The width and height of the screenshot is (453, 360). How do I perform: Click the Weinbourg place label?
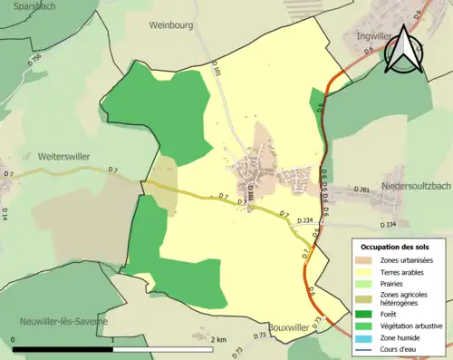pos(172,25)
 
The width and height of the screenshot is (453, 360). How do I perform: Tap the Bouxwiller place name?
pos(291,327)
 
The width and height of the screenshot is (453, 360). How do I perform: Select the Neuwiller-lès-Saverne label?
pos(64,321)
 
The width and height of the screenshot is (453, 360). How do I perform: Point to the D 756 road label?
pos(35,61)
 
